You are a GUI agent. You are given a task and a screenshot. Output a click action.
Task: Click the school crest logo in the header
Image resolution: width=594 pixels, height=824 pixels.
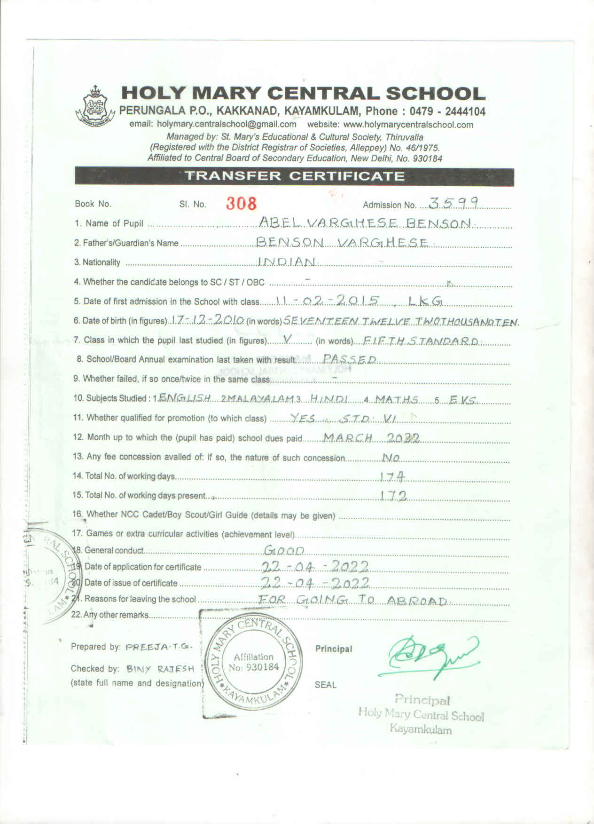(95, 106)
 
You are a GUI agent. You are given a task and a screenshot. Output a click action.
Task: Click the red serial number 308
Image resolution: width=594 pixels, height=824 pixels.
(242, 203)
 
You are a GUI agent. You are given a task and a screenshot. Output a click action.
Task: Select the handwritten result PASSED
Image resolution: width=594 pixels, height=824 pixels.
(350, 359)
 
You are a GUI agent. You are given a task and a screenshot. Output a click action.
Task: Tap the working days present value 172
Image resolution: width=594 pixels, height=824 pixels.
(393, 496)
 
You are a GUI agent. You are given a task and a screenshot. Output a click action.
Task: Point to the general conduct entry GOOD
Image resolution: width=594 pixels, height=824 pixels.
(284, 550)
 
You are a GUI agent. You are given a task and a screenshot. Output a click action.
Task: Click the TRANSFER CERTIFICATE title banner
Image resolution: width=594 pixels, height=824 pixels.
(294, 176)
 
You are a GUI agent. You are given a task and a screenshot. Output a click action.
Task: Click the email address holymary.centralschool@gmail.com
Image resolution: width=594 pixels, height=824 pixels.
(227, 125)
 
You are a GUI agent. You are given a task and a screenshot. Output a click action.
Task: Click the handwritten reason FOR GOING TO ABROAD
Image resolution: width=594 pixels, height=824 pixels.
(354, 601)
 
